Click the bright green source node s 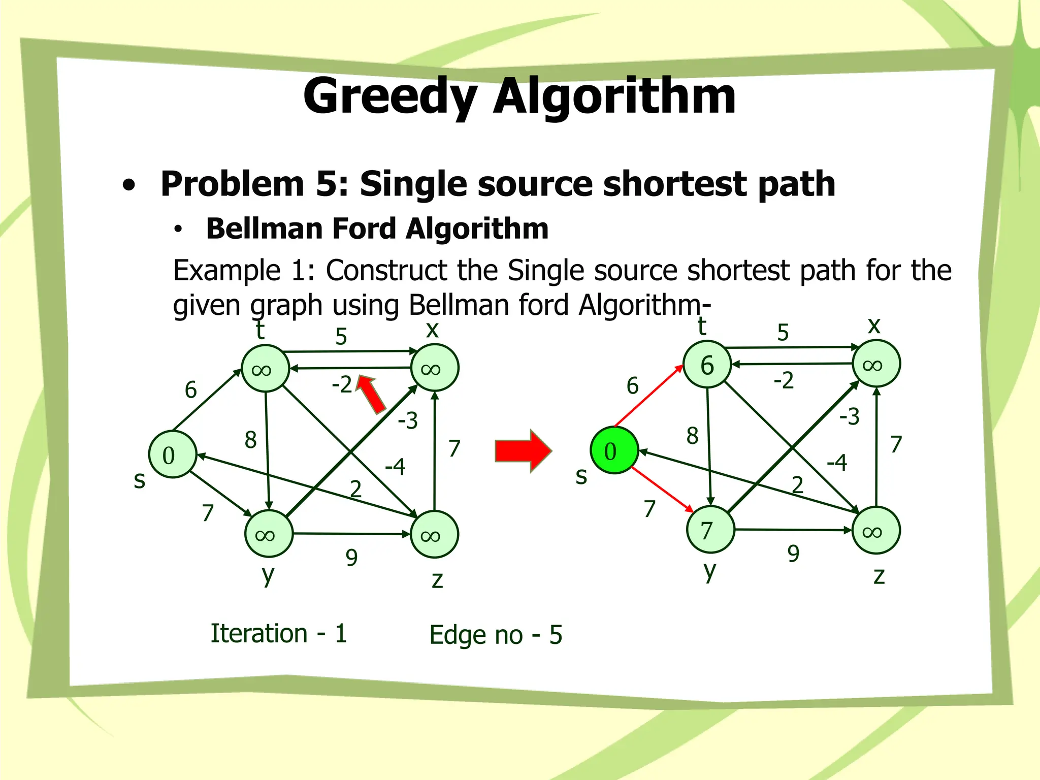point(614,450)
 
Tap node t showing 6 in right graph point(707,365)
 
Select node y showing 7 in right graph point(710,530)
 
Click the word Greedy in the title point(390,96)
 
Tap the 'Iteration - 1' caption point(279,633)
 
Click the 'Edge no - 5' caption point(496,635)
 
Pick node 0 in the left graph point(173,454)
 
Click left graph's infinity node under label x point(434,368)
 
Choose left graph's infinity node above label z point(434,534)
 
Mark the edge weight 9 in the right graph point(793,554)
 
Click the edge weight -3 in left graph point(408,420)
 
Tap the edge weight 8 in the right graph point(692,436)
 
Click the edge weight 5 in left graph point(341,337)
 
